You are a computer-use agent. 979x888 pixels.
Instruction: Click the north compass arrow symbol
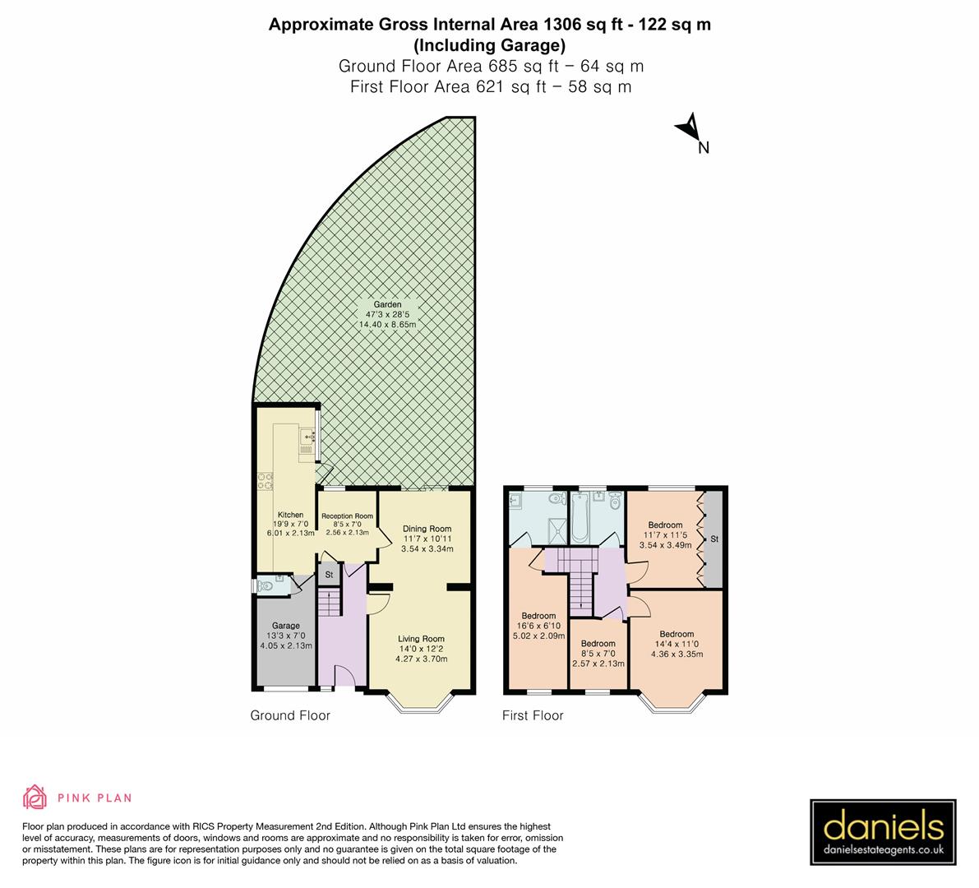pyautogui.click(x=688, y=128)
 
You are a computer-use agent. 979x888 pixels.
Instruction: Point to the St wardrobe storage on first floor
pyautogui.click(x=714, y=539)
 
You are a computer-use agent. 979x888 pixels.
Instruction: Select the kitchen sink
pyautogui.click(x=310, y=437)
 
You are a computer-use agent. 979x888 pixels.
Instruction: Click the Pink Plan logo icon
pyautogui.click(x=35, y=797)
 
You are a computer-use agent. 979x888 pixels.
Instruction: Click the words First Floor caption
pyautogui.click(x=533, y=715)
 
